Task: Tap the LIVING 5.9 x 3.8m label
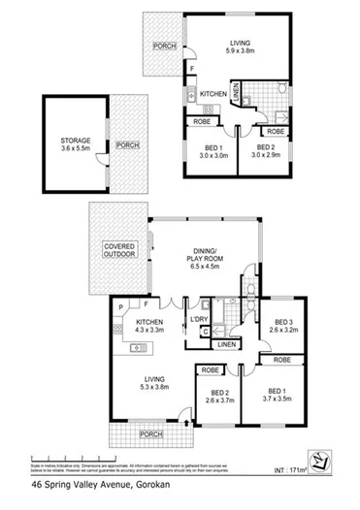(240, 49)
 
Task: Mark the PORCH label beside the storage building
(127, 145)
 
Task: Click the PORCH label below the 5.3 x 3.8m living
(150, 434)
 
